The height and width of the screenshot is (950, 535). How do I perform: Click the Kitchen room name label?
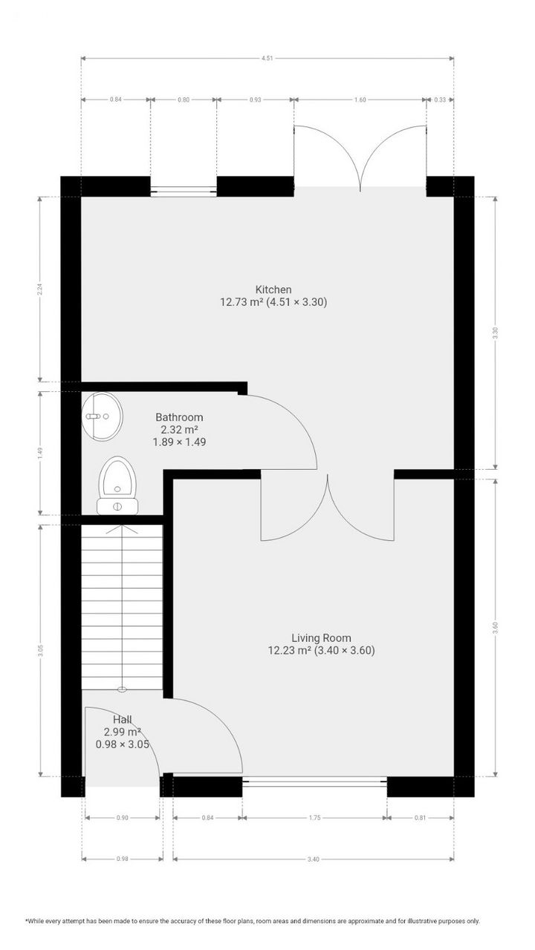(x=273, y=289)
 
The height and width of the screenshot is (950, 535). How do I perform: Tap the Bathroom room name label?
(x=179, y=417)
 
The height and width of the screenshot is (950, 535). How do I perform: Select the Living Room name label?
(x=321, y=638)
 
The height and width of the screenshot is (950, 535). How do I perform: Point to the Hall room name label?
(x=123, y=719)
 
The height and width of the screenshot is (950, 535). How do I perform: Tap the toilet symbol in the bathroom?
(x=117, y=482)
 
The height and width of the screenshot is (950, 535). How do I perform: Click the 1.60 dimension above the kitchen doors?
(x=360, y=99)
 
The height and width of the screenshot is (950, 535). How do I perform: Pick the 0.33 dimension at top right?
(x=440, y=99)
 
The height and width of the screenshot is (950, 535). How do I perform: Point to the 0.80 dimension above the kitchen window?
(x=184, y=99)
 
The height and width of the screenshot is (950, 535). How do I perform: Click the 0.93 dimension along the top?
(x=255, y=99)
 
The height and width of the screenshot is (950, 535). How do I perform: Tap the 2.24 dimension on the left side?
(x=40, y=289)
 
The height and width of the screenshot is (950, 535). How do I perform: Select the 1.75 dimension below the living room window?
(x=314, y=818)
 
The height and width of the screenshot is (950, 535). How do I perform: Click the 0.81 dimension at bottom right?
(x=420, y=818)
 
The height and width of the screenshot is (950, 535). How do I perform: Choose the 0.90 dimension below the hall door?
(x=123, y=818)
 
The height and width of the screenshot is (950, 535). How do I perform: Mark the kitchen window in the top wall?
(x=184, y=191)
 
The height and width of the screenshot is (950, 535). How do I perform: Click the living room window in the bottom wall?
(x=314, y=780)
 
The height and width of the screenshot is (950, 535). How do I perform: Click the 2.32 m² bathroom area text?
(x=179, y=430)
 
